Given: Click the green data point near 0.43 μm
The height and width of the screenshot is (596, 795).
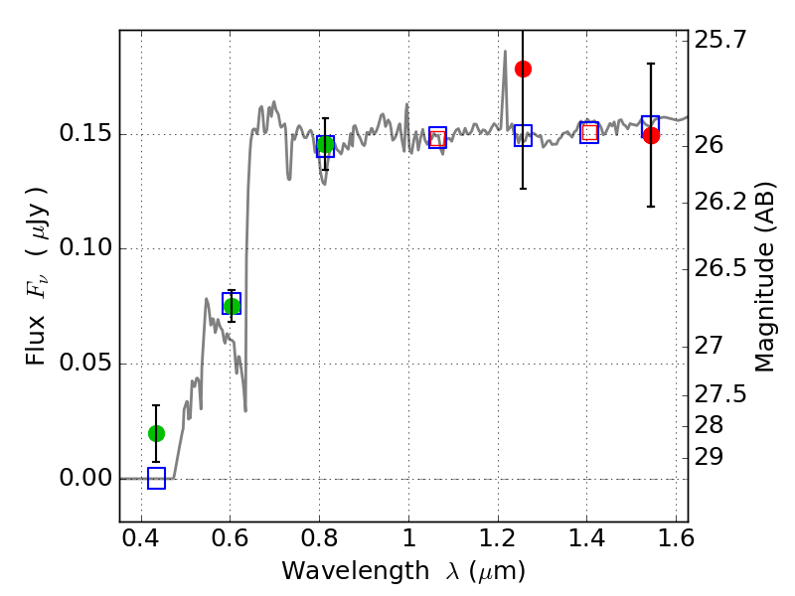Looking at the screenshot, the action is tap(157, 433).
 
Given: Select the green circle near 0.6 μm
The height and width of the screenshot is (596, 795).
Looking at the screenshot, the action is tap(232, 306).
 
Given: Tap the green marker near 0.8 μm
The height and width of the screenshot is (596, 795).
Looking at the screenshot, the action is tap(326, 144).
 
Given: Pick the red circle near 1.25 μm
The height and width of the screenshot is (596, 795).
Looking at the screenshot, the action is tap(524, 69).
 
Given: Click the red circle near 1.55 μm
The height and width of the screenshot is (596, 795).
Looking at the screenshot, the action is tap(652, 135).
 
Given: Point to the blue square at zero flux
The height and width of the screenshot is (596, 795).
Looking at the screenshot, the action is tap(157, 478).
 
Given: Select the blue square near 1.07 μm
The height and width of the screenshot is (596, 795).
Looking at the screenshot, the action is tap(437, 137).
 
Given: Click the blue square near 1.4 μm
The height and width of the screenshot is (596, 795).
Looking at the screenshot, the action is tap(589, 132).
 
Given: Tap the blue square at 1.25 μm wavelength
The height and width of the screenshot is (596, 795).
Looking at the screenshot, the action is tap(524, 135).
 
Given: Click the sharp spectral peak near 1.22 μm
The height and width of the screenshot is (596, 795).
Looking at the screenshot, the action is tap(505, 52).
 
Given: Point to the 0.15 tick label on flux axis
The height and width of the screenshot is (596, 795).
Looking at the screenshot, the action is tap(85, 133).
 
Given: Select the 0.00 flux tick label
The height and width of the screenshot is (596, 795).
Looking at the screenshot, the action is tap(85, 478).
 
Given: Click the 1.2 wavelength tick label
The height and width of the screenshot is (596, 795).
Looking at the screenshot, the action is tap(498, 537).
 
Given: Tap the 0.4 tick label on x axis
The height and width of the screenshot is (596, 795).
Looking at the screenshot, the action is tap(141, 537).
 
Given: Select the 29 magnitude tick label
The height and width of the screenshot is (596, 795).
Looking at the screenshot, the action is tap(709, 457).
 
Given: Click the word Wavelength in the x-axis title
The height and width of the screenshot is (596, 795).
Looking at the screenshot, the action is tap(356, 571).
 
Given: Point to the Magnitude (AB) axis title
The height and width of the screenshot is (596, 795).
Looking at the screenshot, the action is tap(765, 277).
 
